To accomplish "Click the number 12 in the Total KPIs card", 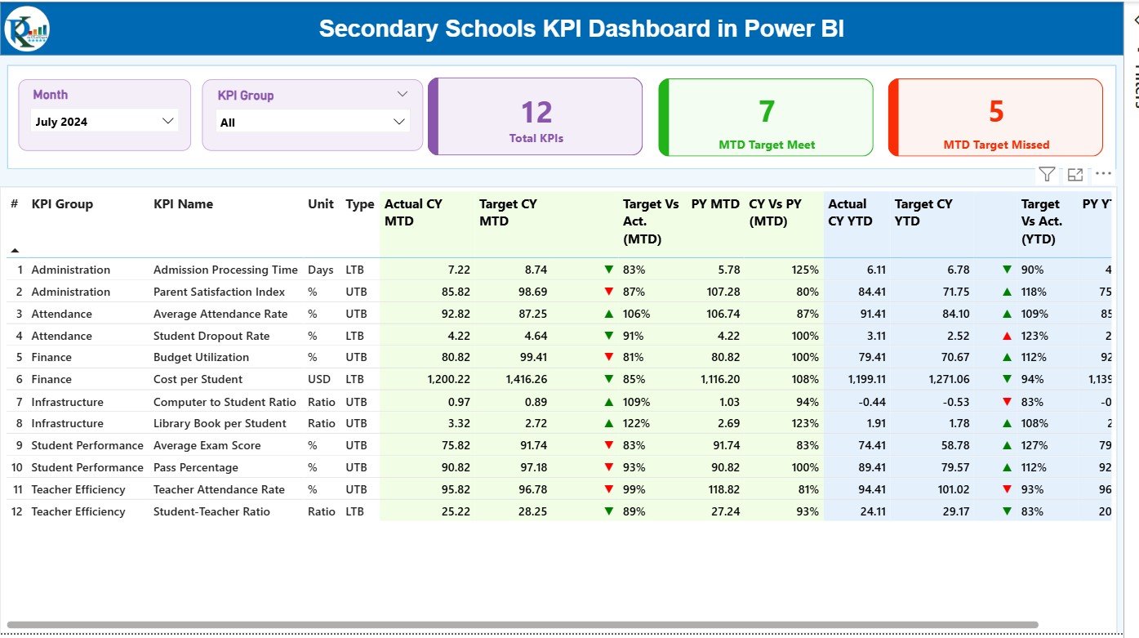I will (x=536, y=112).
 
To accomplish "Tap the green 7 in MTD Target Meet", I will (x=766, y=111).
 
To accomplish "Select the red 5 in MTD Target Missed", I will (x=996, y=111).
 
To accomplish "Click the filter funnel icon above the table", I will (x=1047, y=174).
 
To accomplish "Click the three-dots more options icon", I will (x=1103, y=174).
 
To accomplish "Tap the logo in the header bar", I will (x=27, y=29).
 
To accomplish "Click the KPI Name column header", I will (x=183, y=204).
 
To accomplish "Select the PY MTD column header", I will (x=715, y=204).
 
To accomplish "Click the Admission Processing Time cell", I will (x=225, y=270).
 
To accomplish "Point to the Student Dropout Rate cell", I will (x=211, y=336).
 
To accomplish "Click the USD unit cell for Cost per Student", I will (x=319, y=379).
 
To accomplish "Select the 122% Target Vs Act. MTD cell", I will (x=636, y=423).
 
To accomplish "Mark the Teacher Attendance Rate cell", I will (x=219, y=489).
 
